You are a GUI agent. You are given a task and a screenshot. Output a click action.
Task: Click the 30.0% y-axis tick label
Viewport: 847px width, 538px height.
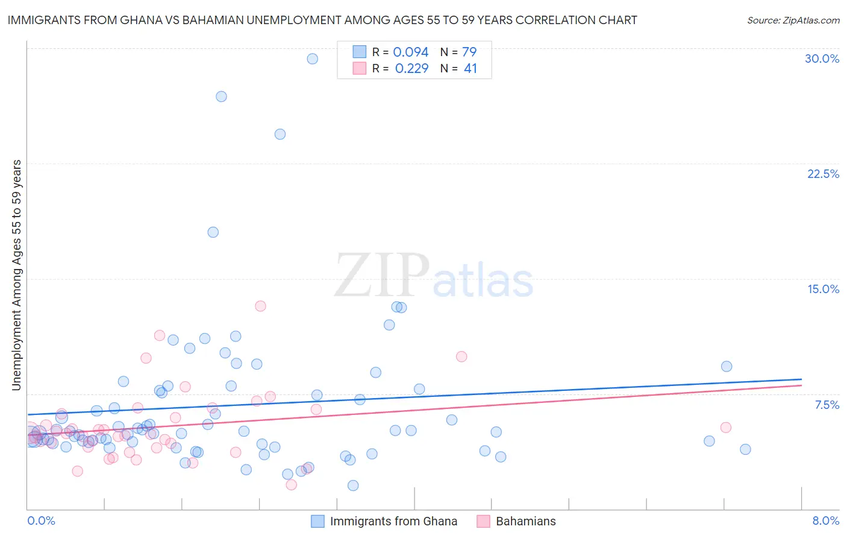pyautogui.click(x=822, y=59)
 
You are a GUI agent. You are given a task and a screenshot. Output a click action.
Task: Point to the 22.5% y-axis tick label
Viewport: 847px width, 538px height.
pyautogui.click(x=823, y=174)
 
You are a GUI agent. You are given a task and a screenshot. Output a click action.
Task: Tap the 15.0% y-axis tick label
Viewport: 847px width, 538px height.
pyautogui.click(x=823, y=289)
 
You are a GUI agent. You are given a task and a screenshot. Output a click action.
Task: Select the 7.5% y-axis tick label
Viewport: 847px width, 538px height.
pyautogui.click(x=827, y=405)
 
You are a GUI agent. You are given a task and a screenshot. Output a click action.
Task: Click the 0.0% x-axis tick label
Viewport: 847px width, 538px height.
pyautogui.click(x=41, y=521)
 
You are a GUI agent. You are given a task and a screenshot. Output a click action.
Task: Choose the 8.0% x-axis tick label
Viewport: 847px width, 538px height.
pyautogui.click(x=825, y=521)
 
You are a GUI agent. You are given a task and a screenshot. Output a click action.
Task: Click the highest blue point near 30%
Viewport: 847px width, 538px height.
pyautogui.click(x=312, y=59)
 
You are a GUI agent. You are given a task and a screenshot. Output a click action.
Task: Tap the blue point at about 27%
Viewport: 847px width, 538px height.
pyautogui.click(x=221, y=97)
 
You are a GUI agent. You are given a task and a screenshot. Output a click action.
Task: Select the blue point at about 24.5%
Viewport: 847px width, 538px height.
pyautogui.click(x=280, y=134)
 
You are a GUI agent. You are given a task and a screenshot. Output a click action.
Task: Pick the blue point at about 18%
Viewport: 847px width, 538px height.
pyautogui.click(x=213, y=232)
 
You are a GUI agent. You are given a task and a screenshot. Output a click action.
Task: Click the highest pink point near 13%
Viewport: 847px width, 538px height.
pyautogui.click(x=260, y=306)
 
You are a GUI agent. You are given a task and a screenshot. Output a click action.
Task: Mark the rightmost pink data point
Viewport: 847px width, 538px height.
pyautogui.click(x=726, y=428)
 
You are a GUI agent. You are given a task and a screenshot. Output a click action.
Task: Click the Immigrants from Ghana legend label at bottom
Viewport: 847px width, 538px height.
pyautogui.click(x=393, y=521)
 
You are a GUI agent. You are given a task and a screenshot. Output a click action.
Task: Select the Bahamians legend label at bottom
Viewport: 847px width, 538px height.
pyautogui.click(x=525, y=521)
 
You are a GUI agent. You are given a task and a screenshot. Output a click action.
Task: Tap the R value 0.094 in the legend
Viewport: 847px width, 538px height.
pyautogui.click(x=410, y=52)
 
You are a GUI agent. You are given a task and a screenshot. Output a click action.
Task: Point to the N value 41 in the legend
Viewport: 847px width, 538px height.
pyautogui.click(x=470, y=69)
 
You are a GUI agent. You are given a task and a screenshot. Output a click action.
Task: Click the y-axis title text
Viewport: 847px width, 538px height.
pyautogui.click(x=17, y=274)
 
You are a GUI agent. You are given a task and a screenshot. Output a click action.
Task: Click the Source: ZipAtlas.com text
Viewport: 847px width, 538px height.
pyautogui.click(x=793, y=21)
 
